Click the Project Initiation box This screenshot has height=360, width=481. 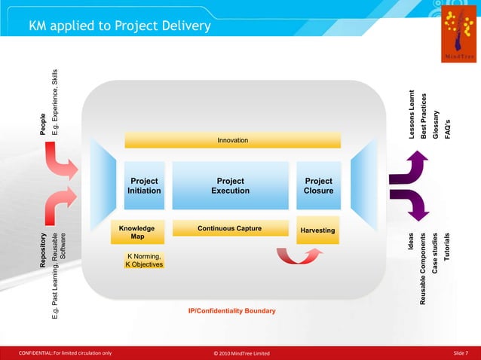tap(144, 186)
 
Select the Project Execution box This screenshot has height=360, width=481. tap(231, 186)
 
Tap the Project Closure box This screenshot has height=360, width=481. tap(318, 186)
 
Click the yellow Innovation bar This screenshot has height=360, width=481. tap(232, 141)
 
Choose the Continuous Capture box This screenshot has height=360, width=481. tap(230, 228)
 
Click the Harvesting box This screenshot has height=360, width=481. tap(318, 230)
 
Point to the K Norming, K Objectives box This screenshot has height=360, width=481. tap(143, 261)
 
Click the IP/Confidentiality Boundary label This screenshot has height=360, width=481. tap(231, 311)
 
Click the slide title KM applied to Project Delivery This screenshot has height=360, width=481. tap(119, 27)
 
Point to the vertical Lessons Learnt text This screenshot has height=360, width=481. tap(412, 114)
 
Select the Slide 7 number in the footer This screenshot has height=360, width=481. tap(460, 353)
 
